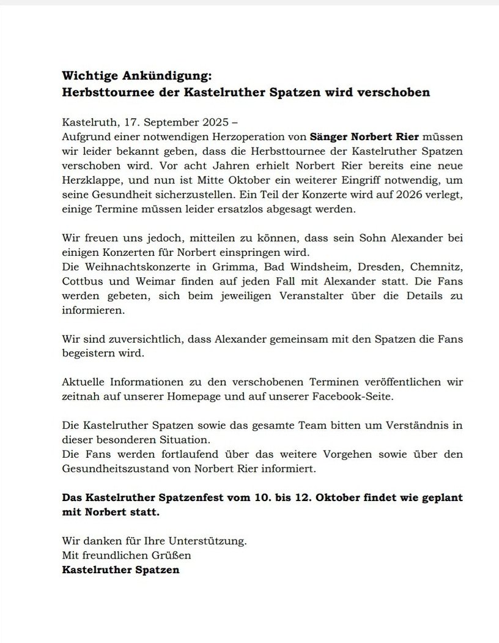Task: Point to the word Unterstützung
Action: coord(209,541)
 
